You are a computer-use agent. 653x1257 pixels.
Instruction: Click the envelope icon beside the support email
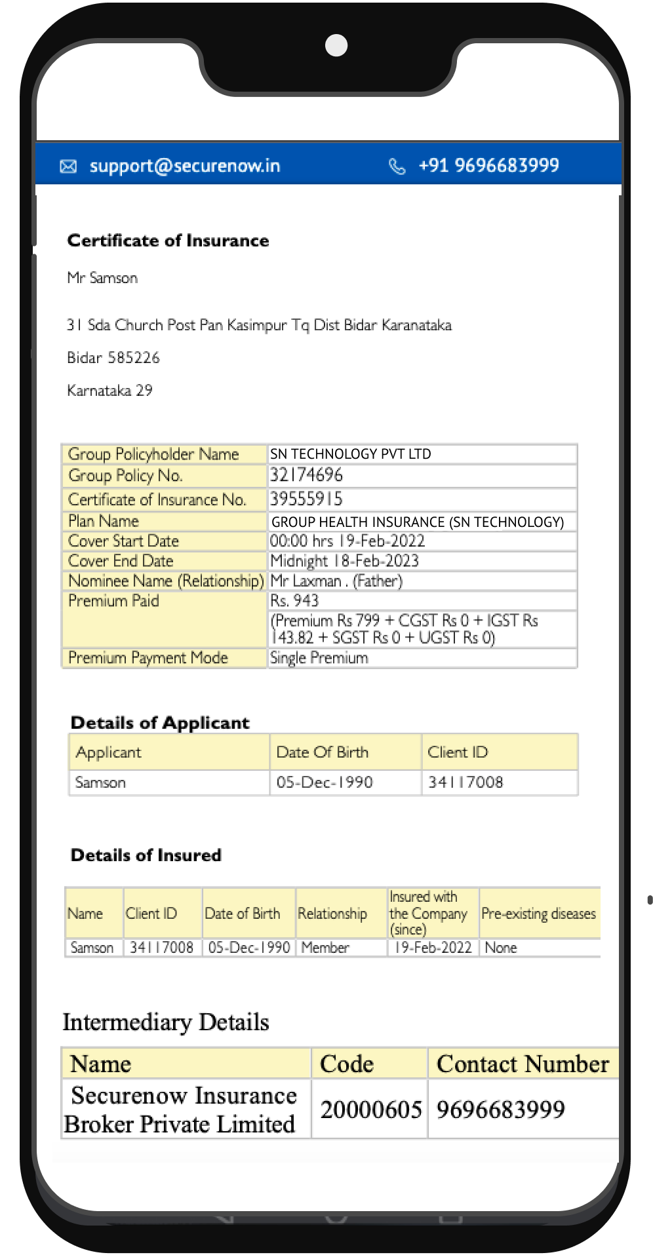coord(68,166)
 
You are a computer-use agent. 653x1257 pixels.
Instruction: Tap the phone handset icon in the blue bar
coord(397,166)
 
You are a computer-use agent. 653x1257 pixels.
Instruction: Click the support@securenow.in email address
coord(185,166)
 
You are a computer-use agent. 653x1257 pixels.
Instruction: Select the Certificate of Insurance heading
coord(168,241)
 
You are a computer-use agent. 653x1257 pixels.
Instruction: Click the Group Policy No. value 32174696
coord(306,475)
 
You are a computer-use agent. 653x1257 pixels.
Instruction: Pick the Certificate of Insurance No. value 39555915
coord(306,499)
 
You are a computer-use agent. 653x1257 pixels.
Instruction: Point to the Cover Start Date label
coord(123,541)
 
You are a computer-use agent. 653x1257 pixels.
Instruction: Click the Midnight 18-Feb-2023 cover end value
coord(344,561)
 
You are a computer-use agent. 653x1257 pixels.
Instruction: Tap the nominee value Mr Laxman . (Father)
coord(336,581)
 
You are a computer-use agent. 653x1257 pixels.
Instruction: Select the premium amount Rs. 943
coord(294,601)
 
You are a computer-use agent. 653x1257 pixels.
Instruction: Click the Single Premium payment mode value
coord(319,658)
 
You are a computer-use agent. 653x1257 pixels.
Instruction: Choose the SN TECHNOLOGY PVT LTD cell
coord(351,454)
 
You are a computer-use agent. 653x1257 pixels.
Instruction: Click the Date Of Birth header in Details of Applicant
coord(323,752)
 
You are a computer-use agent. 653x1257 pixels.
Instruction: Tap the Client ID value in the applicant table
coord(465,783)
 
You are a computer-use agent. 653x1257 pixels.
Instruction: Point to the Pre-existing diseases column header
coord(538,914)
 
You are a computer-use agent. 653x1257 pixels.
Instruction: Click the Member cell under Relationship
coord(325,948)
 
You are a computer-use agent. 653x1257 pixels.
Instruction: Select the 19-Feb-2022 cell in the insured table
coord(433,948)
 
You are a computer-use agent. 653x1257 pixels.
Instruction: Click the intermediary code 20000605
coord(370,1110)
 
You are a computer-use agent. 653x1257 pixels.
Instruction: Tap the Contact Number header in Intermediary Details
coord(523,1064)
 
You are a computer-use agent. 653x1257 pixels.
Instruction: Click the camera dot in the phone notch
coord(336,45)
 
